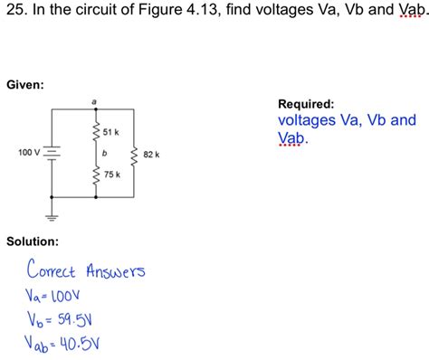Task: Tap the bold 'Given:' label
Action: pos(25,85)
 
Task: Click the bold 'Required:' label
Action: pos(306,104)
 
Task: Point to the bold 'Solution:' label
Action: pos(33,242)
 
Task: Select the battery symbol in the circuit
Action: pos(52,152)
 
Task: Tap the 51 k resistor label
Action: pos(110,133)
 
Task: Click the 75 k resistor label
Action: pos(110,173)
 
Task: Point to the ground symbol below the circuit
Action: pos(52,216)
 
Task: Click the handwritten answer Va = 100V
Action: pos(54,296)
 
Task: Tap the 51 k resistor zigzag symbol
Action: pos(94,133)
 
